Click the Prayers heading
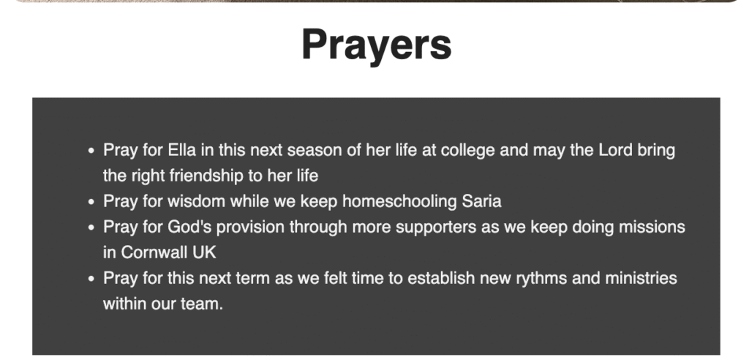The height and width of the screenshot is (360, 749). [377, 45]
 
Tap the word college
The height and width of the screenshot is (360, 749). [467, 151]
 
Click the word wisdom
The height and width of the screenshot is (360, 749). [196, 201]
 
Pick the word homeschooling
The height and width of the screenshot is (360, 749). [400, 201]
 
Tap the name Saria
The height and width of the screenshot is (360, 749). [481, 201]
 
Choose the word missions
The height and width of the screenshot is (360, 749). [652, 227]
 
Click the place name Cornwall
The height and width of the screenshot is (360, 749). [154, 252]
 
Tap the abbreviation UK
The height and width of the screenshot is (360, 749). [205, 252]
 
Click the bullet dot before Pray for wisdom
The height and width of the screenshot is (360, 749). [91, 202]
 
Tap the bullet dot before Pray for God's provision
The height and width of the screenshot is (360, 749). [91, 227]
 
